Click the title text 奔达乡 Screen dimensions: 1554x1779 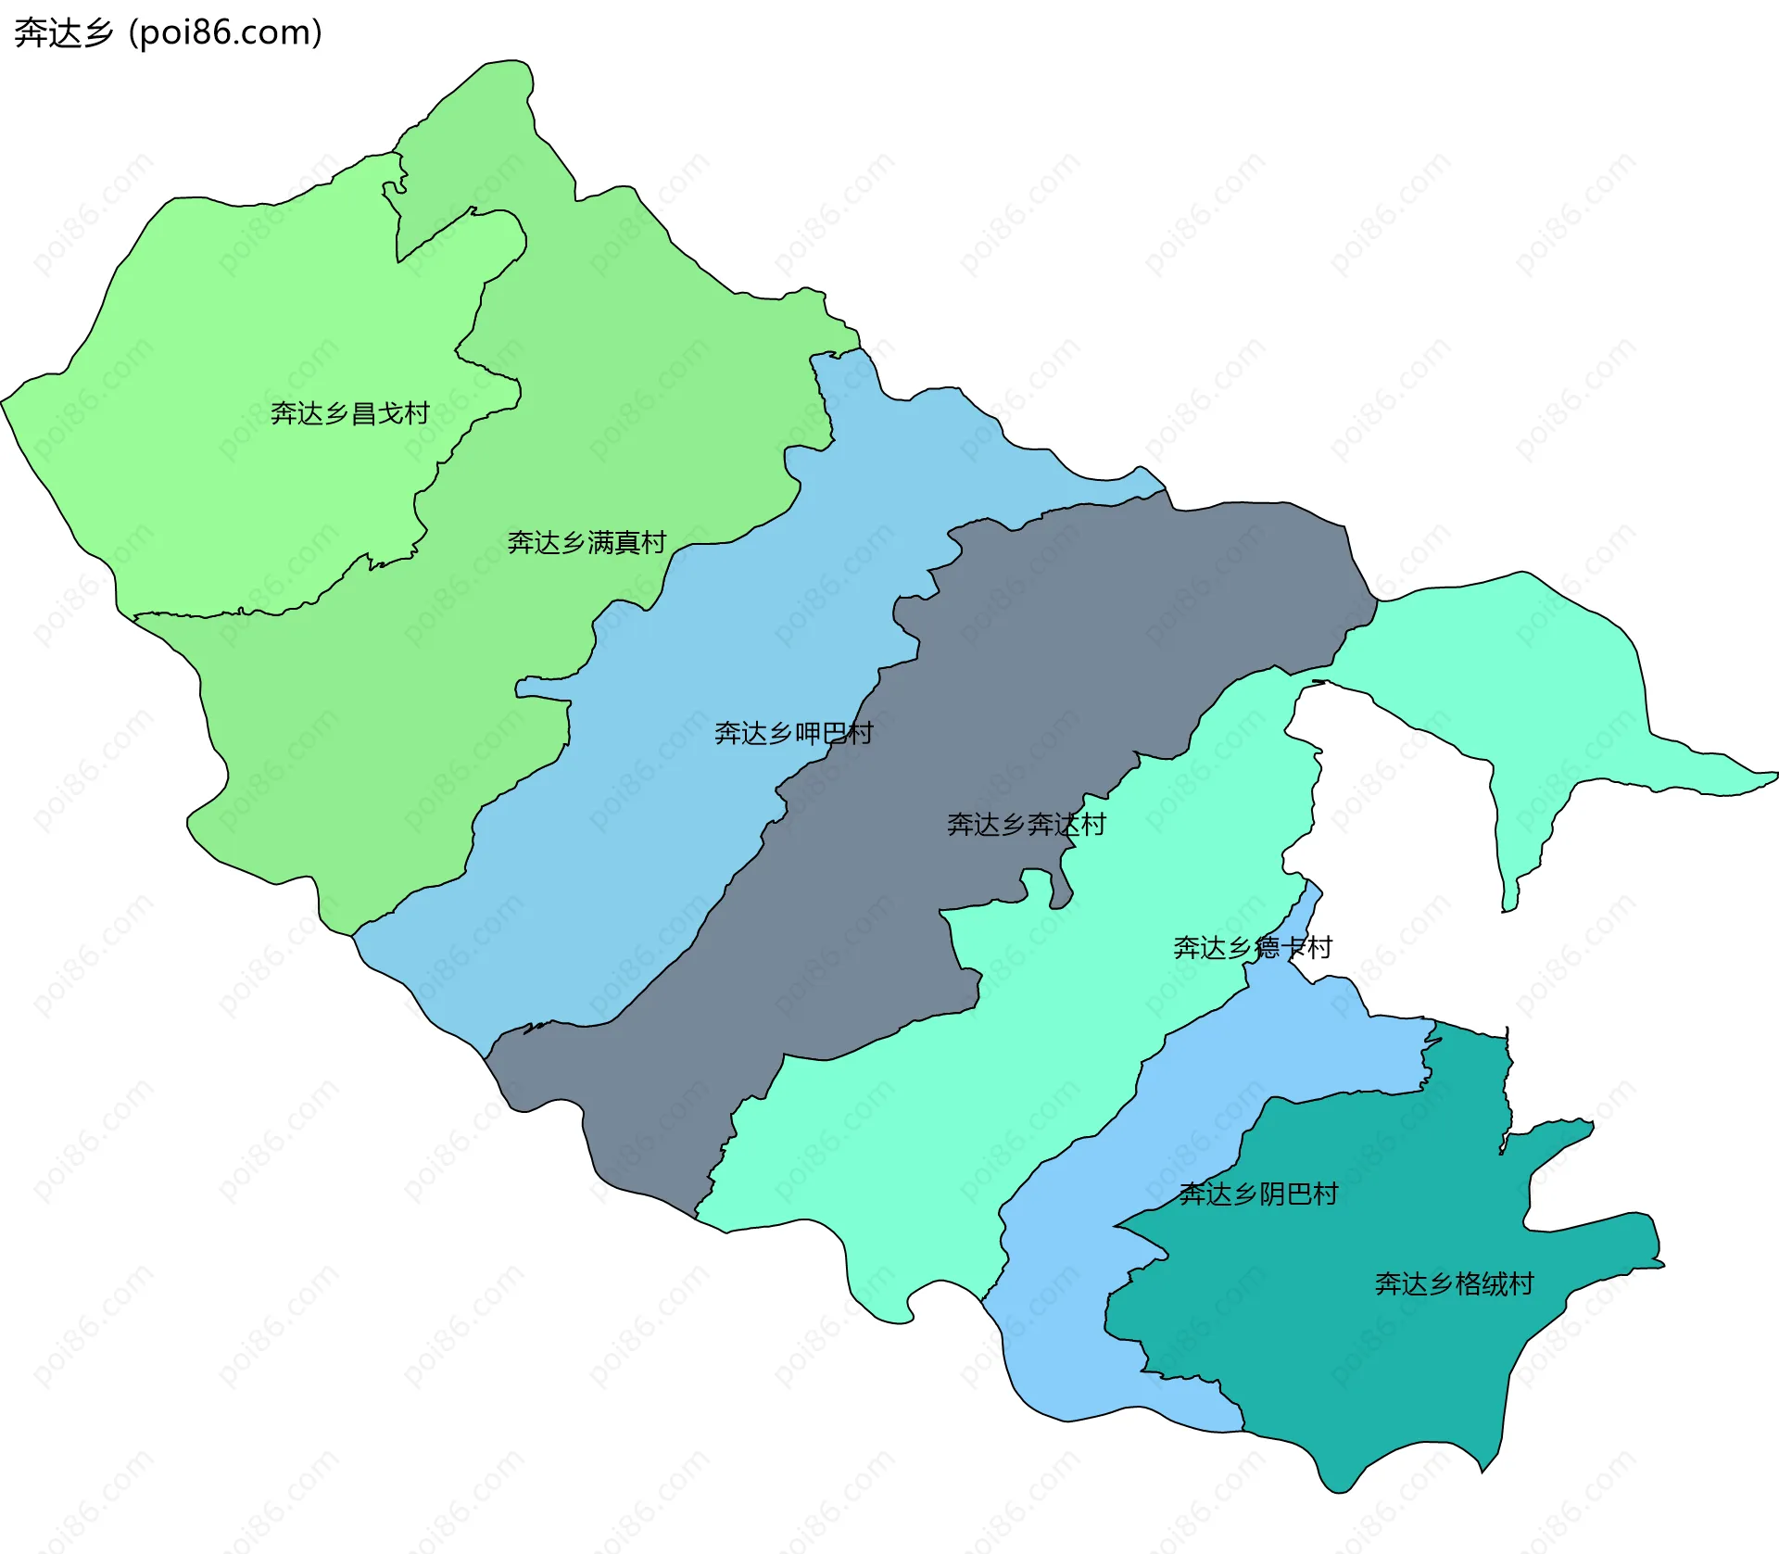63,33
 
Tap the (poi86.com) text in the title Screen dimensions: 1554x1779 225,33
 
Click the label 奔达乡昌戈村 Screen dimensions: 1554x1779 349,413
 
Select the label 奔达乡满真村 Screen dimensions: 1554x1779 587,542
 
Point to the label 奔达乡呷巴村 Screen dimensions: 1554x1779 793,733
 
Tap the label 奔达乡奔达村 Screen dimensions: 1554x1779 1026,824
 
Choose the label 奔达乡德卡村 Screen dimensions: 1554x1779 1252,947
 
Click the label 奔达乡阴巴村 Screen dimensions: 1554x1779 1258,1194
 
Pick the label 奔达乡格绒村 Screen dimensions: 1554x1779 1454,1283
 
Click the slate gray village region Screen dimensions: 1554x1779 1112,630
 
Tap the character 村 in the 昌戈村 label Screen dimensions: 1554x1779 417,413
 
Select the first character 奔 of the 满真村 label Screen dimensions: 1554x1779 520,542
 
